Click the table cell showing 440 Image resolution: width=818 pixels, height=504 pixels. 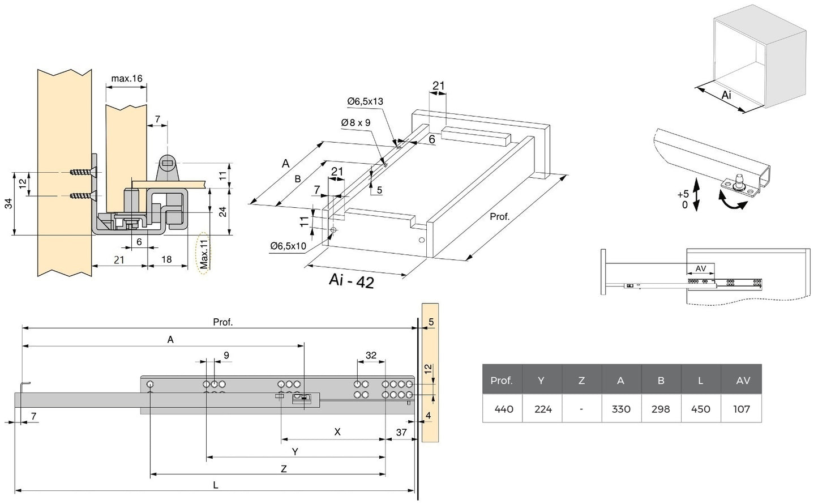pos(503,409)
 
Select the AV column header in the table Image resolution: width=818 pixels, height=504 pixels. pos(743,381)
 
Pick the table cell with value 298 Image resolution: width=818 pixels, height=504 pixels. pos(661,409)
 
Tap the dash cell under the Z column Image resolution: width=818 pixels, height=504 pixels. pos(581,409)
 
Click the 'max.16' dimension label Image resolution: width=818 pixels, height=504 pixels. pos(126,78)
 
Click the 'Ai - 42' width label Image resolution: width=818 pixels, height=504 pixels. pos(351,281)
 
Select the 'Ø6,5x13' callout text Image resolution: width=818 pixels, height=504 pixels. pos(365,101)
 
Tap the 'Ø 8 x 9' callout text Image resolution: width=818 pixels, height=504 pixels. pos(356,122)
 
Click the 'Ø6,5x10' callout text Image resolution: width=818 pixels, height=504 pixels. pos(288,246)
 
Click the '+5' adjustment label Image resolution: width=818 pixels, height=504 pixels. pos(683,194)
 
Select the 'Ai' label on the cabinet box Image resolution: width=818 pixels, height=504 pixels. pos(727,95)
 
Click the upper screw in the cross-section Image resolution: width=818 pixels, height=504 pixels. pos(83,172)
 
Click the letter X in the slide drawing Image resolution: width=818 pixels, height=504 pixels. pos(337,432)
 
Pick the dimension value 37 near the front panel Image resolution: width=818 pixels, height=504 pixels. pos(401,432)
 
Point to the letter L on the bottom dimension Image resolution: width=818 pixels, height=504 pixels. pos(216,485)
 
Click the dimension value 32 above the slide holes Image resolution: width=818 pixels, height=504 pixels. pos(371,356)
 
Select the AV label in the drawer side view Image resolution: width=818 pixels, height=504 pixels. pos(700,268)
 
